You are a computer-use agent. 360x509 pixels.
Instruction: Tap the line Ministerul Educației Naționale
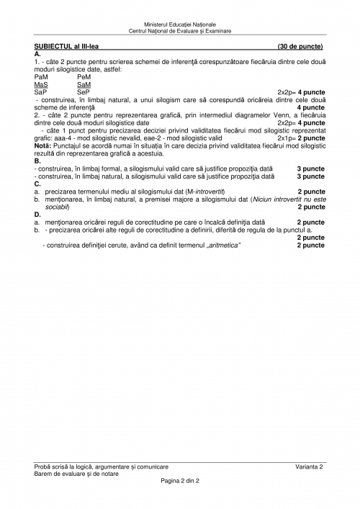pos(179,24)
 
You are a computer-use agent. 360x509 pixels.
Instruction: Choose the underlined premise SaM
pos(84,84)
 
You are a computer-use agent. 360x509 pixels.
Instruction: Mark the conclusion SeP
pos(84,92)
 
